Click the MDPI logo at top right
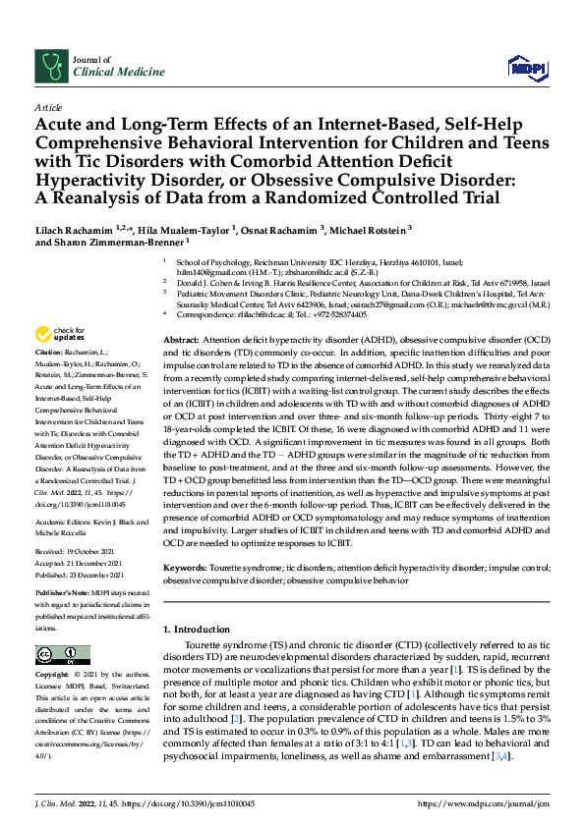525,67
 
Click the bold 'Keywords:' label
186,569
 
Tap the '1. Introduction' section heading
198,628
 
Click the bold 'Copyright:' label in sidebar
52,676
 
